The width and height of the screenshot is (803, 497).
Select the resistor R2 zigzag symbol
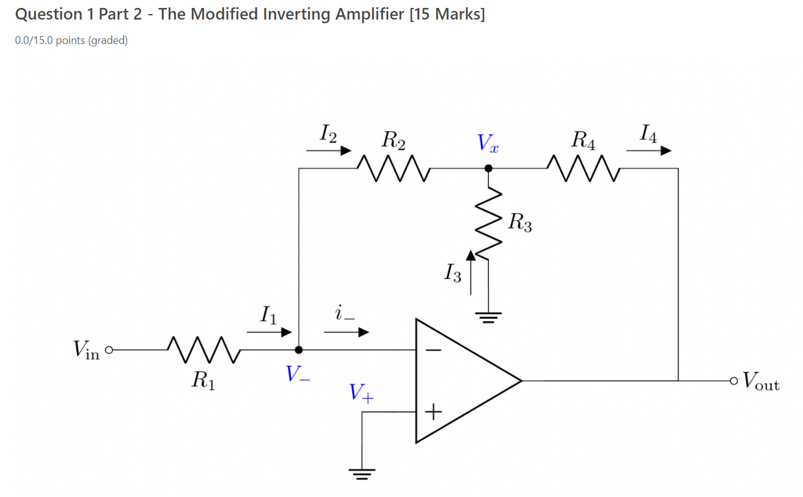point(395,168)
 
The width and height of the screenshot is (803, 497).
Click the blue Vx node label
point(488,143)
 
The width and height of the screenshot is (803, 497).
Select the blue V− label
point(298,374)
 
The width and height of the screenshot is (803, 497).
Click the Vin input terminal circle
point(109,350)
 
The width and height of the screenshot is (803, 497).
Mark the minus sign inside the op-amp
point(433,350)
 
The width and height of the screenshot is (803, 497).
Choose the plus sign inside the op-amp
point(433,413)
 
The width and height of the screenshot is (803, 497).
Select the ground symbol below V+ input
point(362,473)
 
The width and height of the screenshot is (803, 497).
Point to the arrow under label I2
point(329,150)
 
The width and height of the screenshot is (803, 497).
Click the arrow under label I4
point(649,151)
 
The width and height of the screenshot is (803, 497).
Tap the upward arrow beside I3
point(470,272)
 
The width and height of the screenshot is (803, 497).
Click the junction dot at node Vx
point(488,168)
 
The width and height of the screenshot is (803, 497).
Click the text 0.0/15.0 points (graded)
point(71,41)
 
